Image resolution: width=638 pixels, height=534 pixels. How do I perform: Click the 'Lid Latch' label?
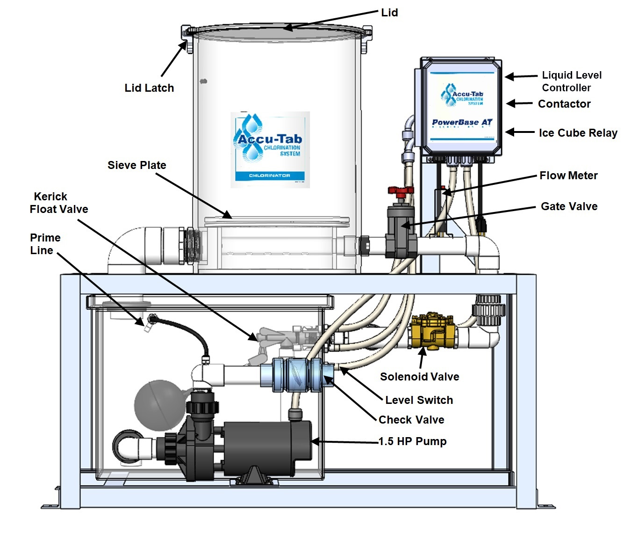(149, 88)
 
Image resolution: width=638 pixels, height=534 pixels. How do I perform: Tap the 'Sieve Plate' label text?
(136, 165)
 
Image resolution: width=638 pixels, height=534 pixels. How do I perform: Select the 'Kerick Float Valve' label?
(58, 203)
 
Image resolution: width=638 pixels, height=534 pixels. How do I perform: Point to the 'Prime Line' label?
(45, 244)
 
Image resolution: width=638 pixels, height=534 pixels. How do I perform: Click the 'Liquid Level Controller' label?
(571, 81)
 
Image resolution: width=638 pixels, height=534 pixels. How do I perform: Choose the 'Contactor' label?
(564, 104)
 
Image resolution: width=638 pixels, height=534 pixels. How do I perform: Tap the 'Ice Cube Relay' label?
(578, 133)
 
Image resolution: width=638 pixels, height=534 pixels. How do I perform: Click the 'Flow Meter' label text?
(568, 176)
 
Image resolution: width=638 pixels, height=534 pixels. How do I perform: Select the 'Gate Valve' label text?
(569, 206)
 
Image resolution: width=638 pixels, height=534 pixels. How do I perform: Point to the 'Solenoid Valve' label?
(419, 377)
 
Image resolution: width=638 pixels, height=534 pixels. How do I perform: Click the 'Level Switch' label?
(419, 400)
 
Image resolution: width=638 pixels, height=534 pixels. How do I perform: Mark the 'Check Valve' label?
(411, 420)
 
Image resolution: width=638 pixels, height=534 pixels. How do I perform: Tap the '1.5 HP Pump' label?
(412, 441)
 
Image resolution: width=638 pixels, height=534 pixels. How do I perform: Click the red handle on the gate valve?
(401, 190)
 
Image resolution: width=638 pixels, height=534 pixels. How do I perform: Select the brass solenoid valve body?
(432, 331)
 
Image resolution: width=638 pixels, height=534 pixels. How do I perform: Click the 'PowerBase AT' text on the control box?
(462, 123)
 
